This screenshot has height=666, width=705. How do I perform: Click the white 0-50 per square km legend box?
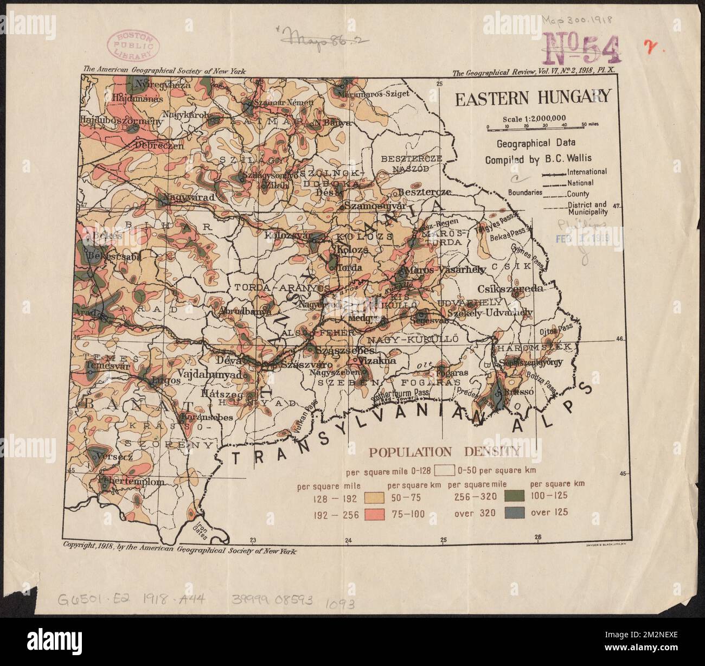[441, 470]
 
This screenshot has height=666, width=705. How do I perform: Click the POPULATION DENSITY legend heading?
[445, 451]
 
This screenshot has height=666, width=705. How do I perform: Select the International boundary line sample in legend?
[554, 172]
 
